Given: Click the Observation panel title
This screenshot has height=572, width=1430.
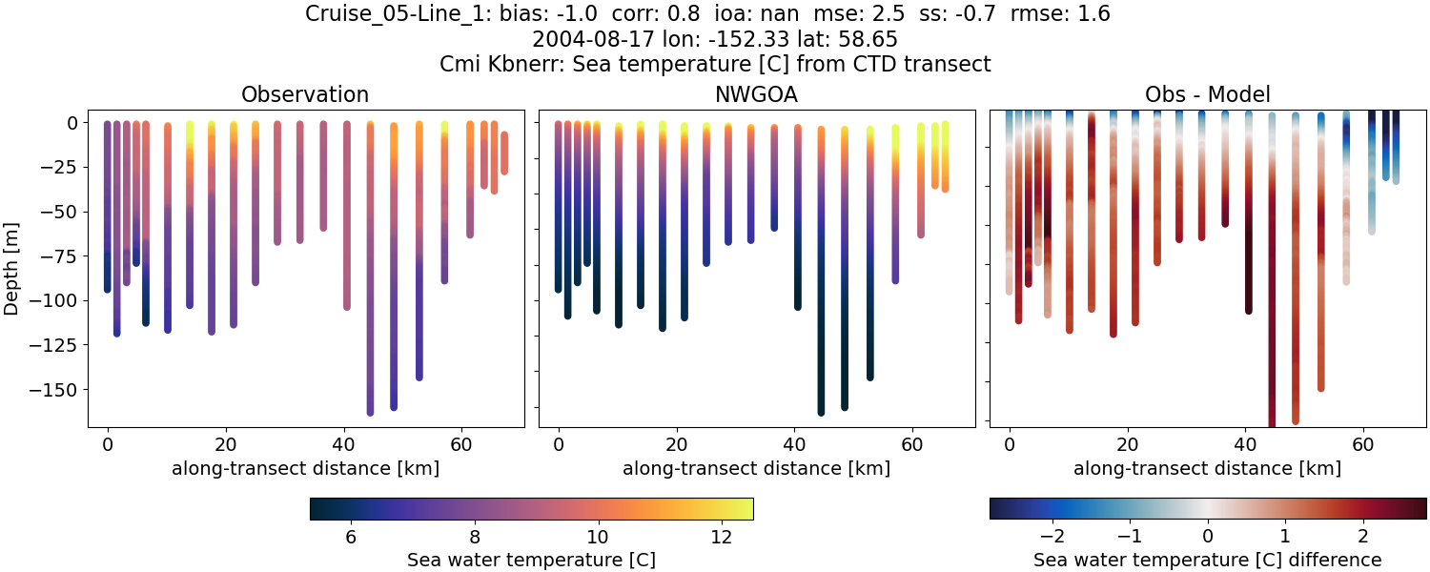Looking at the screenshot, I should [304, 94].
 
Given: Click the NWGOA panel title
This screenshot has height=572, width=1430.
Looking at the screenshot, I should [756, 94].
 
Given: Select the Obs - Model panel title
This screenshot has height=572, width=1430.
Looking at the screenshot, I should [1207, 94].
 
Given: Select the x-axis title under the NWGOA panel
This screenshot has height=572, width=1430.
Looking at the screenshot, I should [756, 468].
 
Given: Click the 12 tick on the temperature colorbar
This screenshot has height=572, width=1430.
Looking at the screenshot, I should [721, 537].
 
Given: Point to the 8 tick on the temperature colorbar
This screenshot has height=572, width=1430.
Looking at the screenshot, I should [474, 537].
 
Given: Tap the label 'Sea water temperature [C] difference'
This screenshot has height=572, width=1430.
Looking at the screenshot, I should [1207, 560].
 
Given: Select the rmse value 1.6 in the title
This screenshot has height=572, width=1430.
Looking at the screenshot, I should [1092, 14].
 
